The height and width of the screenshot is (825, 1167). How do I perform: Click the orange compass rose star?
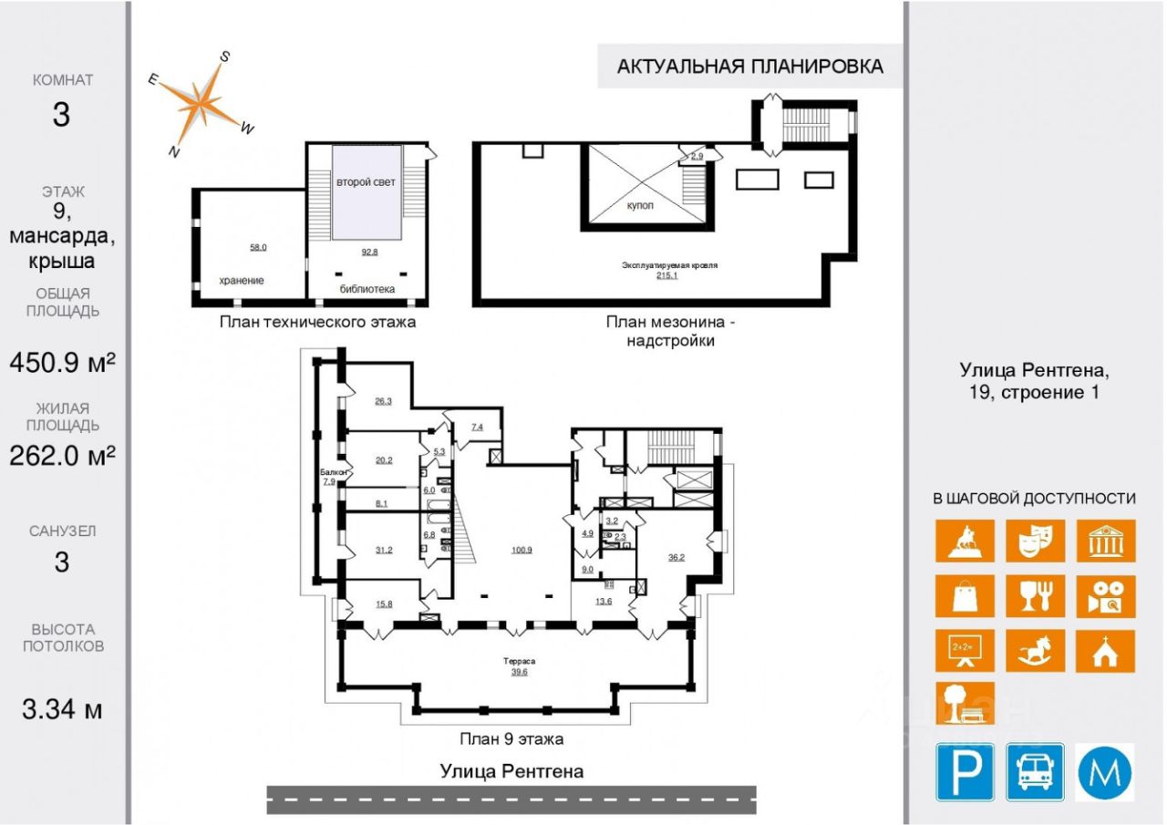click(201, 102)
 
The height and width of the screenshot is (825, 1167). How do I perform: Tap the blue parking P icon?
click(965, 771)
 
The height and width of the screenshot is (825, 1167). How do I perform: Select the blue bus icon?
click(1036, 771)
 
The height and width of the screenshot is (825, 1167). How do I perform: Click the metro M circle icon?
click(1106, 771)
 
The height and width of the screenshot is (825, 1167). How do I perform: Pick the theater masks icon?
click(1036, 541)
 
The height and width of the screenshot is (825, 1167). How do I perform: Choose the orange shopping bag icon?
click(965, 596)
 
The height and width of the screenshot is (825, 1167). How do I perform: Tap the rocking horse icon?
click(1036, 651)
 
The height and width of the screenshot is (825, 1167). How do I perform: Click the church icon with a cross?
click(1106, 651)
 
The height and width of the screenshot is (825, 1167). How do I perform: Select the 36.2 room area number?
click(676, 556)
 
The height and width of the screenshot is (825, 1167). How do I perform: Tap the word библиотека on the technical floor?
click(367, 290)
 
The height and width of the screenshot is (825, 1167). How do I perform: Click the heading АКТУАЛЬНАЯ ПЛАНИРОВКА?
click(749, 67)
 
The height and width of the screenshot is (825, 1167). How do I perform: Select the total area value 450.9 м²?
click(62, 363)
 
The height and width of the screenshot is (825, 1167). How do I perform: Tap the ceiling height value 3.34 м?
click(62, 708)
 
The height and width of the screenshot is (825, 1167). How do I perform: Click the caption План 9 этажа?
click(511, 739)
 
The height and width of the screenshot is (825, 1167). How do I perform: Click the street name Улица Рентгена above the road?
click(511, 771)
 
